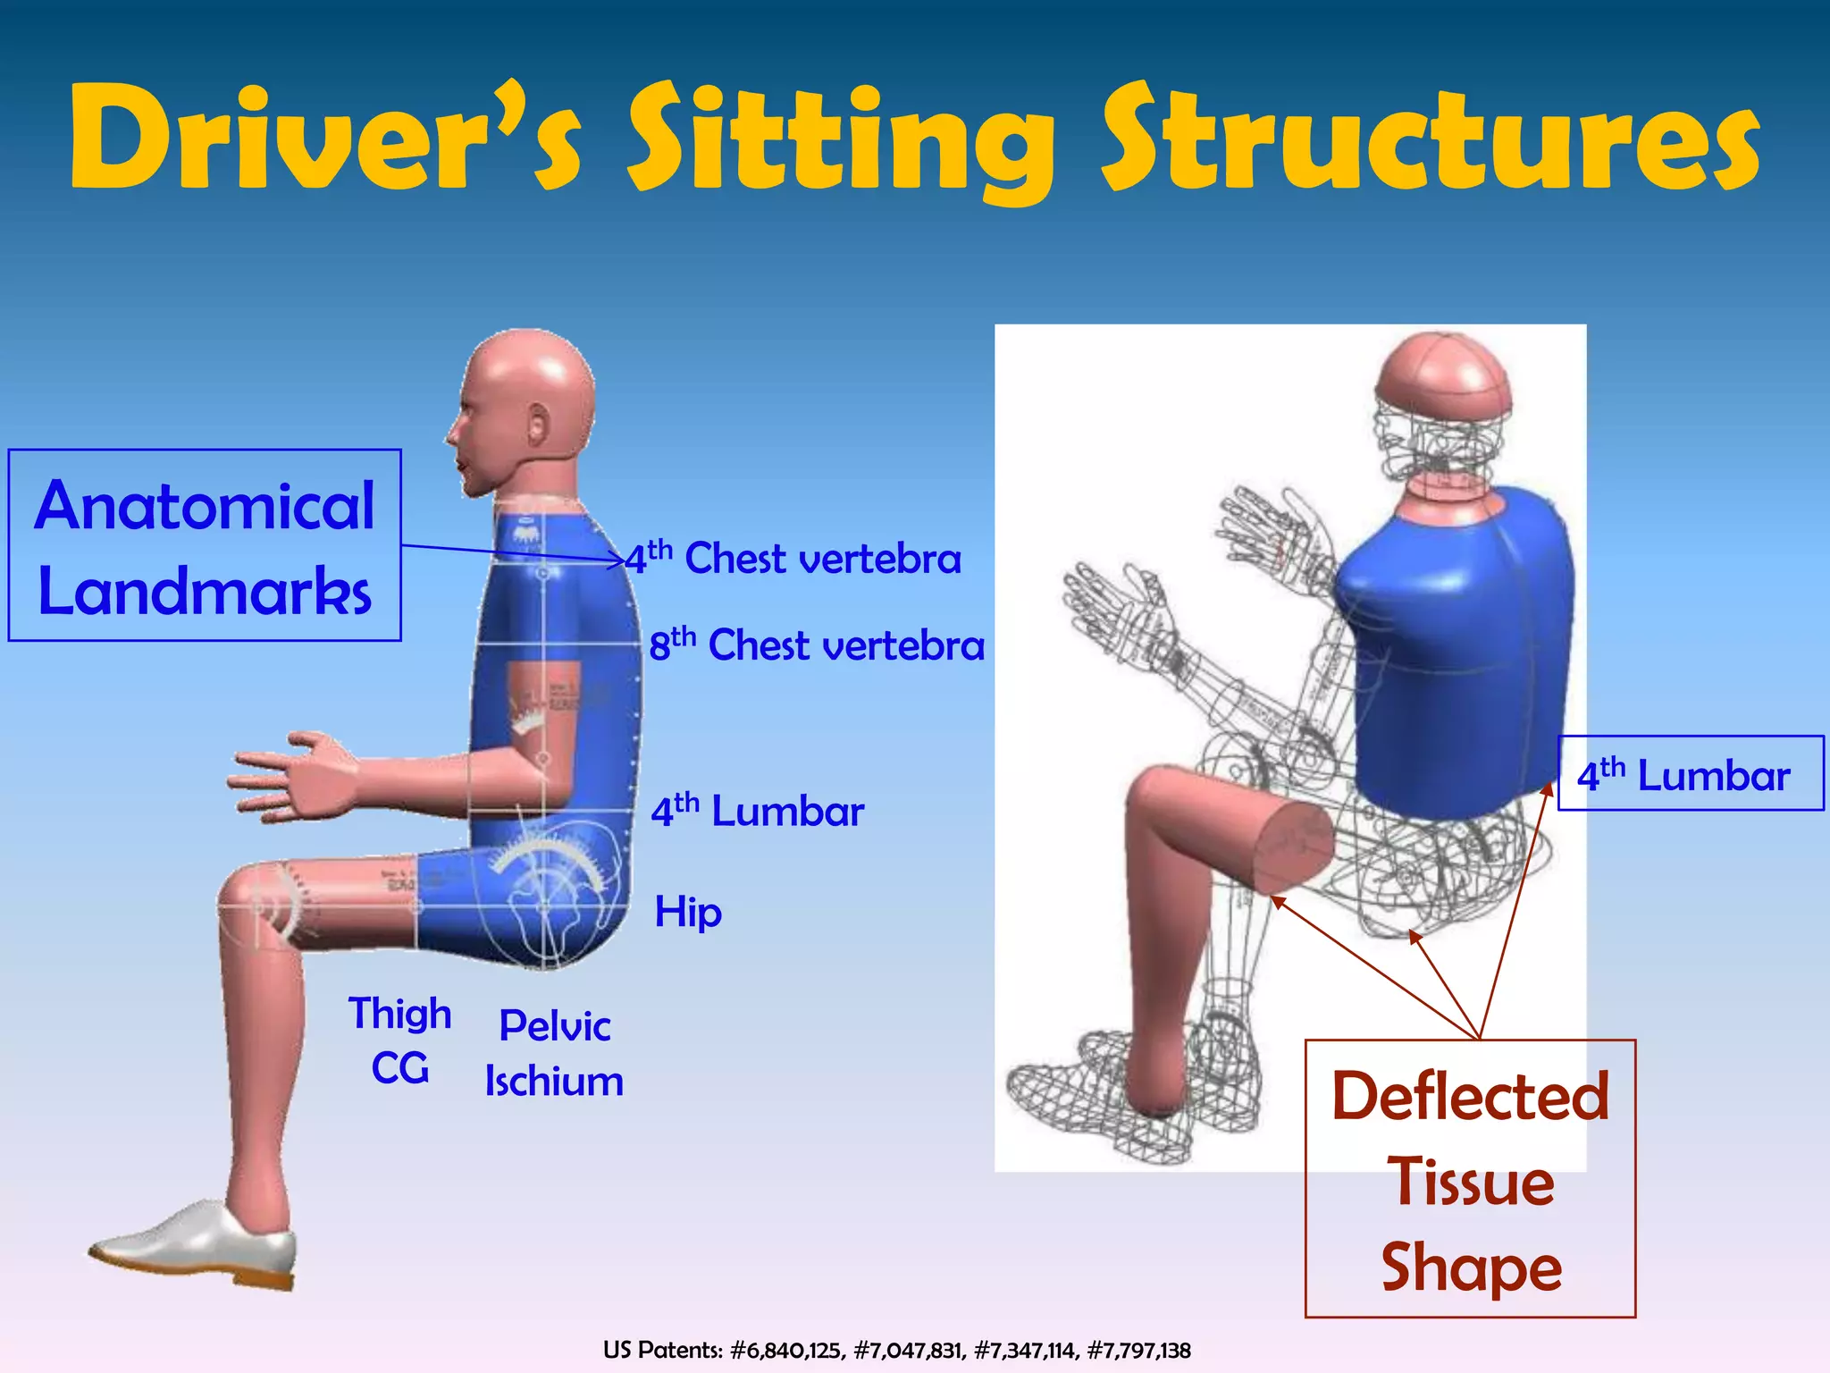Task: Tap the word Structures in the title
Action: pos(1430,139)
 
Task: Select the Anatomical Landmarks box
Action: pos(205,545)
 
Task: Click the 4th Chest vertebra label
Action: pos(793,559)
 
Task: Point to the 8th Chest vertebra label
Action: pos(817,644)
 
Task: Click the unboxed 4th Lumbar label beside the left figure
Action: pos(757,811)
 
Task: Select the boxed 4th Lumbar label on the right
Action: pos(1690,774)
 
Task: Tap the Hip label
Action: pos(688,913)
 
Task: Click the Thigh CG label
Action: pos(399,1041)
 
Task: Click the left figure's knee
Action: pos(255,903)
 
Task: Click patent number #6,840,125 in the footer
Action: pos(786,1350)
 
